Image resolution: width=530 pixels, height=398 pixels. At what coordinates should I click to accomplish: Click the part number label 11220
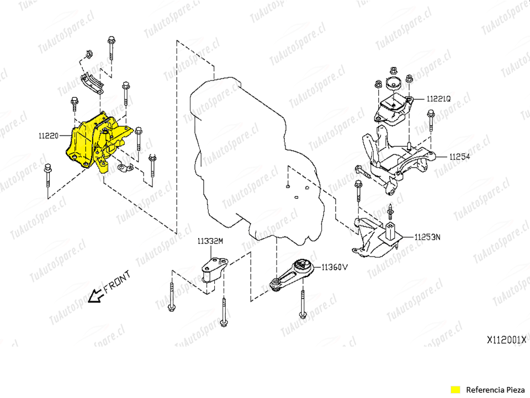[48, 134]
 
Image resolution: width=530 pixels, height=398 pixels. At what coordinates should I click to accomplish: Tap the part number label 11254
[459, 157]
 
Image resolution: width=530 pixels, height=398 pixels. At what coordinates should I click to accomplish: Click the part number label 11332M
[210, 241]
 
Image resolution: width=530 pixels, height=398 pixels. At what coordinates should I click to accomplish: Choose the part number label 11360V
[335, 267]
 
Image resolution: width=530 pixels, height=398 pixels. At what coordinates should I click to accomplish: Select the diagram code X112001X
[506, 341]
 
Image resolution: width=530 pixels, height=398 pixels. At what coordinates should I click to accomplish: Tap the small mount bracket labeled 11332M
[214, 270]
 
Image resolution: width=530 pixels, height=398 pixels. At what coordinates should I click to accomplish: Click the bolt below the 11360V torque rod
[303, 303]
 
